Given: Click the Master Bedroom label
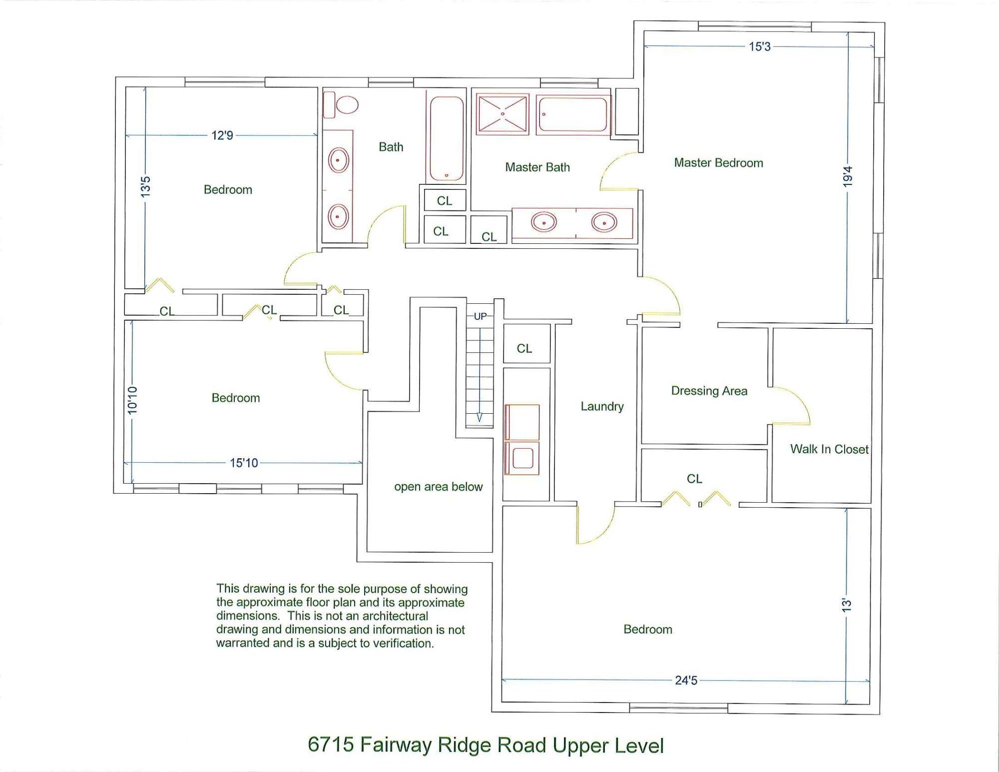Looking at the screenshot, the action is (718, 163).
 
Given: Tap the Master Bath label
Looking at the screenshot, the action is (537, 167).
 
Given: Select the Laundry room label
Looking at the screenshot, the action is (602, 407).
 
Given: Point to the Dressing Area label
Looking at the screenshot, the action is (709, 391).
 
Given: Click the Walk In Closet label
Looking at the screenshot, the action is (829, 449).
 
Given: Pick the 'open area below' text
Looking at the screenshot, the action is (439, 487).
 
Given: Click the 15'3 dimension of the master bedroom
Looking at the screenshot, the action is (760, 46).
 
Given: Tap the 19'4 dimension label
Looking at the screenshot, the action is (847, 177).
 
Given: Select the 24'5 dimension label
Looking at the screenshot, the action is (686, 681).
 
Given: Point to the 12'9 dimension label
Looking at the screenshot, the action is (222, 135).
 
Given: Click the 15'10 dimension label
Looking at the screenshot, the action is (244, 463).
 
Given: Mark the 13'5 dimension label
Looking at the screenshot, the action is (145, 187).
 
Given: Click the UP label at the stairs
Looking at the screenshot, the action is (480, 316).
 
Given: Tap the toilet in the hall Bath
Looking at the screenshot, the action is (341, 105).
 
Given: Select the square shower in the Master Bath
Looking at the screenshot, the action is (502, 114).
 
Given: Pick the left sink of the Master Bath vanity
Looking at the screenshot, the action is (543, 222).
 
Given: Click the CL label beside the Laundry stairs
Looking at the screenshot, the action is (524, 348).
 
